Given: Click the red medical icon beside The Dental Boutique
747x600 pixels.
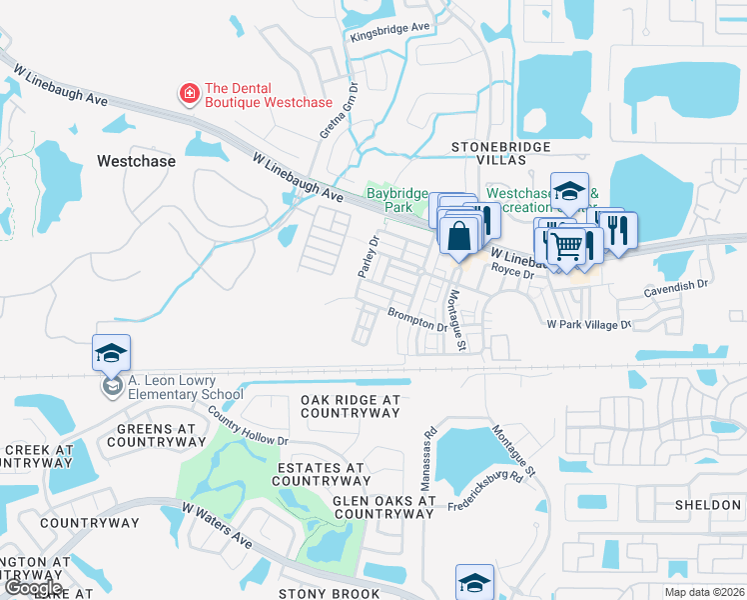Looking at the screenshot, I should (x=187, y=95).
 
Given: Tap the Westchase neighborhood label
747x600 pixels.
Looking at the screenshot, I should (x=136, y=161).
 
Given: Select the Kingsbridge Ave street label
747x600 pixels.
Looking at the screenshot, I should (x=389, y=32).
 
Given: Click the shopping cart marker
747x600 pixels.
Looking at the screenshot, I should (x=566, y=244).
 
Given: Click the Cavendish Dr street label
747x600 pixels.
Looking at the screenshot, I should (x=674, y=285).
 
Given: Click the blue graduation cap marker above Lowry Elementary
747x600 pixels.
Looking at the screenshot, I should (x=112, y=353).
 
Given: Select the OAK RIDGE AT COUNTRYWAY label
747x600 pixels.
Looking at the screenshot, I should (x=350, y=405).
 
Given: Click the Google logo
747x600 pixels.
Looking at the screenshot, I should (x=33, y=588).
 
